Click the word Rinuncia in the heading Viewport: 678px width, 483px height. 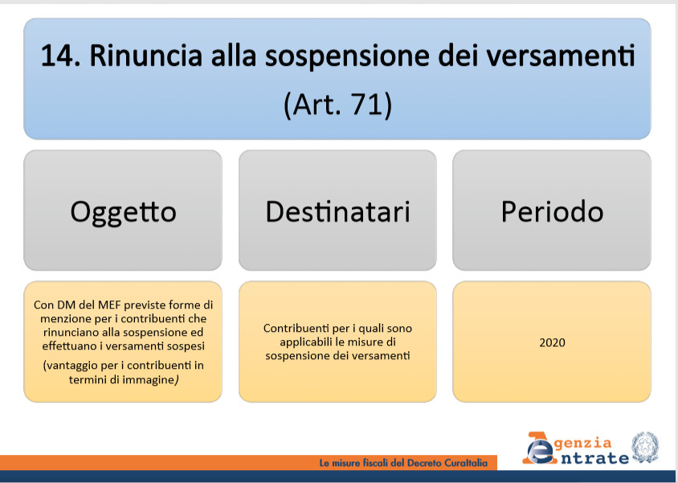tap(145, 56)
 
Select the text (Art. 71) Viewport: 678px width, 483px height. tap(337, 104)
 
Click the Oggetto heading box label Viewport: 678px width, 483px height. tap(123, 213)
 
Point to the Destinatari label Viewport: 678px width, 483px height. tap(337, 212)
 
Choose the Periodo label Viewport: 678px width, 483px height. tap(552, 212)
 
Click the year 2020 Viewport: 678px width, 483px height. tap(552, 342)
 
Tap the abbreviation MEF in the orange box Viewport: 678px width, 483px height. tap(109, 305)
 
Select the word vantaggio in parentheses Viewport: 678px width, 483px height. tap(71, 366)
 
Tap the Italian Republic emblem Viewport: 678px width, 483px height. tap(645, 448)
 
